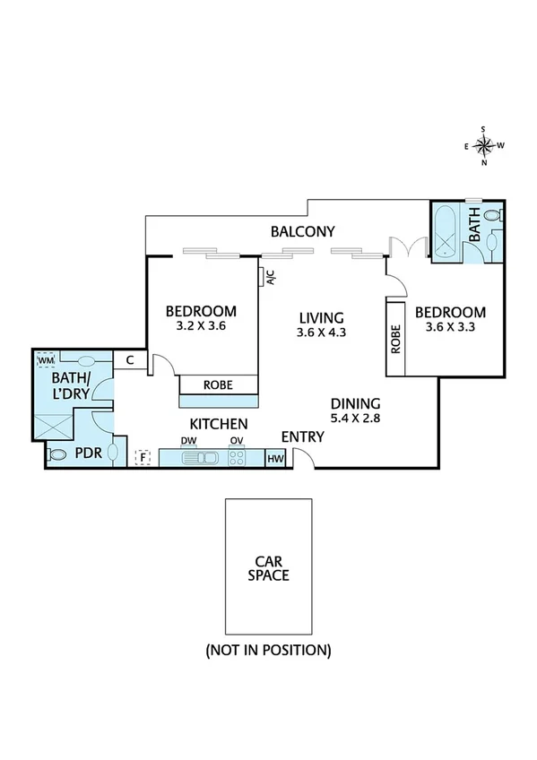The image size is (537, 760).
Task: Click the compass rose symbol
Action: [484, 146]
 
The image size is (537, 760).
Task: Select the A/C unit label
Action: [270, 278]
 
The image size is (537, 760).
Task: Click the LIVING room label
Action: [321, 317]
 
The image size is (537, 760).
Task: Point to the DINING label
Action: [355, 403]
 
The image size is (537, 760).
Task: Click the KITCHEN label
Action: [218, 423]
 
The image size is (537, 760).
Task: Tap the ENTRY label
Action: [302, 436]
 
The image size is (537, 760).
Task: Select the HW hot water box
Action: [275, 458]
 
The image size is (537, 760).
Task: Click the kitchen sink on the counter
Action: [199, 458]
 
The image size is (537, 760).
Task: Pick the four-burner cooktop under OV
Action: [238, 458]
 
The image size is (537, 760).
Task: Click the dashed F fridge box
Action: [141, 458]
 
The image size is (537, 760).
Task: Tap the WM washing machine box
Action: [46, 360]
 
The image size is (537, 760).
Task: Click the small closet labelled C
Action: [130, 360]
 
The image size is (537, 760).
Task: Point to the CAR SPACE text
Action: [268, 568]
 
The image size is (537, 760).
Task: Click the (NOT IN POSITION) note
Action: [268, 649]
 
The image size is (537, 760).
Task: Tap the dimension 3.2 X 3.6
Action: [201, 326]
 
